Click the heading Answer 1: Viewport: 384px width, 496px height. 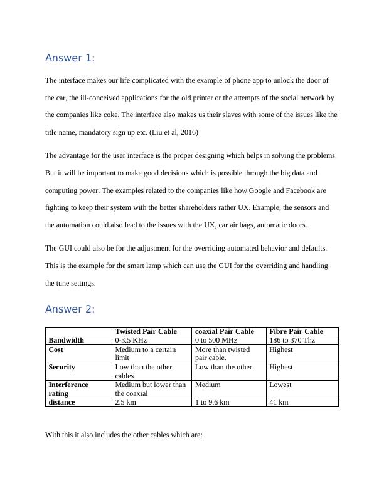pos(70,58)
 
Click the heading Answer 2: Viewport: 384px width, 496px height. pos(70,309)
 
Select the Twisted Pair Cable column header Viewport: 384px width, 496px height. pos(146,331)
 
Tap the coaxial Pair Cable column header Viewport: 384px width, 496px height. pos(225,331)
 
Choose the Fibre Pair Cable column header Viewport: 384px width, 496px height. pos(296,331)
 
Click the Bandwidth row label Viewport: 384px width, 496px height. pos(67,340)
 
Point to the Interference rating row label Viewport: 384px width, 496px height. pos(68,389)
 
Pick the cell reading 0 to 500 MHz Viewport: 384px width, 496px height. pos(216,340)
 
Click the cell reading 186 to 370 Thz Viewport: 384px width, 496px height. pos(292,340)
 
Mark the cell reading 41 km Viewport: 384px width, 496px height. pos(279,402)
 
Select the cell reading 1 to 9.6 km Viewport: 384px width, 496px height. pos(215,402)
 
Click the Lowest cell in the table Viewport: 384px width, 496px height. pos(280,385)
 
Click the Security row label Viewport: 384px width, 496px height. pos(62,367)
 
